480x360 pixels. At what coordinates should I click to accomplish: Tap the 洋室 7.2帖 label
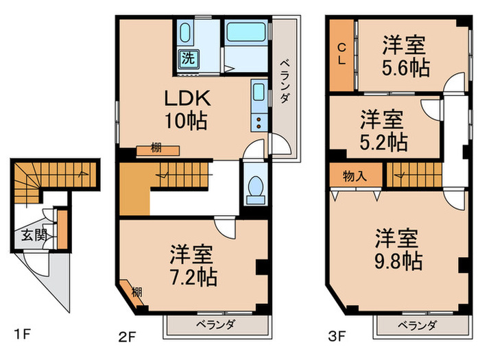tap(194, 265)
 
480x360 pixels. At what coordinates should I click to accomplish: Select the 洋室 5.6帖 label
tap(404, 56)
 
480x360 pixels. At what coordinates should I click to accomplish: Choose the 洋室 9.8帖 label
tap(398, 250)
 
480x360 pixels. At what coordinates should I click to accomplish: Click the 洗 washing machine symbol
tap(187, 59)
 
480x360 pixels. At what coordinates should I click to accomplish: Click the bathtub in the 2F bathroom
tap(246, 32)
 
